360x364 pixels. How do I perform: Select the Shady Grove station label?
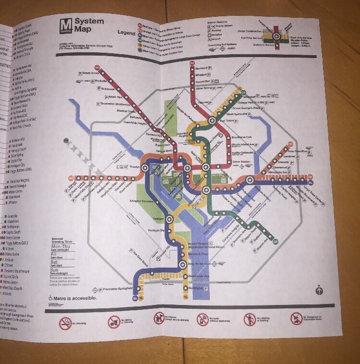89,73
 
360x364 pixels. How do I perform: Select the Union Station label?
242,162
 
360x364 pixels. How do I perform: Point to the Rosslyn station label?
132,167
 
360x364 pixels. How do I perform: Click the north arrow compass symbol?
319,290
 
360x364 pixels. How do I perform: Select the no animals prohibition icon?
159,319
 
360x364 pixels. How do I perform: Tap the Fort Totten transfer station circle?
212,121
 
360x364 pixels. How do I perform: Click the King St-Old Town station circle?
183,264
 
